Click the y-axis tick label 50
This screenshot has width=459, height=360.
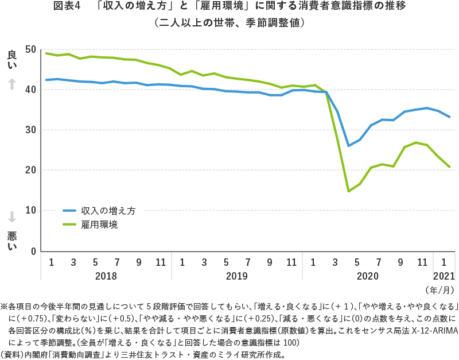pyautogui.click(x=31, y=49)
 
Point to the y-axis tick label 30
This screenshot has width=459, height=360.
pyautogui.click(x=31, y=130)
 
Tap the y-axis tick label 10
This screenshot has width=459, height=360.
pyautogui.click(x=31, y=211)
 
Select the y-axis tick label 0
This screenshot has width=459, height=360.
pyautogui.click(x=33, y=251)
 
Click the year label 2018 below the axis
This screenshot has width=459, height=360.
pyautogui.click(x=106, y=276)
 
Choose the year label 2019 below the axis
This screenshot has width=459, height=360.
pyautogui.click(x=237, y=276)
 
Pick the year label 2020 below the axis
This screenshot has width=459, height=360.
pyautogui.click(x=368, y=276)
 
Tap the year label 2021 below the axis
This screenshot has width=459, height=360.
pyautogui.click(x=444, y=276)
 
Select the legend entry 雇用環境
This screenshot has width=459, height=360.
pyautogui.click(x=99, y=224)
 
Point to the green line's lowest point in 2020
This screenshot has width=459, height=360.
pyautogui.click(x=349, y=191)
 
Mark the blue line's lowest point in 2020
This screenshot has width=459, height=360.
pyautogui.click(x=349, y=146)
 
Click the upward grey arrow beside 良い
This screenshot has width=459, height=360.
pyautogui.click(x=12, y=84)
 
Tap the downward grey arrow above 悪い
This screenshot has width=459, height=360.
pyautogui.click(x=12, y=216)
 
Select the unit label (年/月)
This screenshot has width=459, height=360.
pyautogui.click(x=439, y=289)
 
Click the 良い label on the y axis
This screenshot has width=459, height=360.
pyautogui.click(x=12, y=60)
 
